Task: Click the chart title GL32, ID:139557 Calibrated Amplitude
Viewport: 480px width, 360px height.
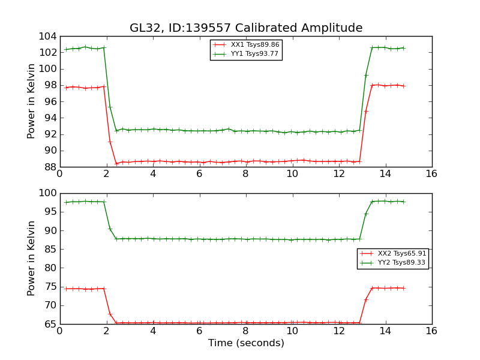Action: click(x=246, y=28)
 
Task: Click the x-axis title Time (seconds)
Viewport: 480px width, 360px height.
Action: click(x=246, y=343)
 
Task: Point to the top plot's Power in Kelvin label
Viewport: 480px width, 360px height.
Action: click(x=32, y=101)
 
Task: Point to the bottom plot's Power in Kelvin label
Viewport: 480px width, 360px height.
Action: click(x=32, y=258)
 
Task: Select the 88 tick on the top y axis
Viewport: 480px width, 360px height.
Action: click(x=51, y=167)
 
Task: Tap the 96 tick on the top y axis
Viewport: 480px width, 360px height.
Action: click(x=51, y=101)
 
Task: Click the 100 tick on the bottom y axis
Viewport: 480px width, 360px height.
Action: click(x=49, y=193)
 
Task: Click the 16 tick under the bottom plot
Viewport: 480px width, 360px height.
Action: click(x=431, y=331)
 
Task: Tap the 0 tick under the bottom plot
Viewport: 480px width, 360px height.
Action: click(x=59, y=331)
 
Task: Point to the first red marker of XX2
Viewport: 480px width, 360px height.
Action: click(x=66, y=289)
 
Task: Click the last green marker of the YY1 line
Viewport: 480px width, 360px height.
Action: click(x=403, y=48)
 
